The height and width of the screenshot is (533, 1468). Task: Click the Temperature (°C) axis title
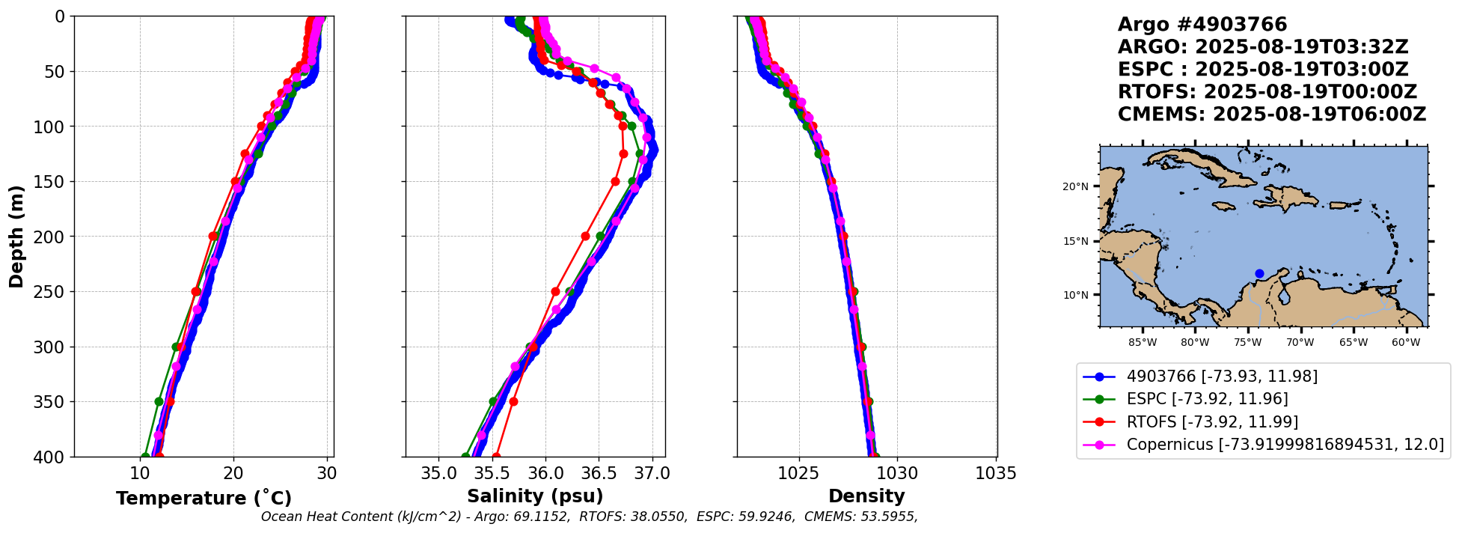(x=204, y=499)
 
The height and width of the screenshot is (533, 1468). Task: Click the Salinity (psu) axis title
(x=535, y=496)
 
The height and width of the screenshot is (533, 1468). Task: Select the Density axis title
(x=866, y=496)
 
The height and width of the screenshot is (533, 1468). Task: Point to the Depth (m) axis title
(x=16, y=237)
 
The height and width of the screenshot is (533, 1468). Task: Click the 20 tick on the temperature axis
(x=233, y=474)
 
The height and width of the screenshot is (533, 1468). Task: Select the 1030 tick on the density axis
(x=897, y=474)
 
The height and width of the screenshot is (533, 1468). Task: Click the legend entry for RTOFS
(x=1212, y=421)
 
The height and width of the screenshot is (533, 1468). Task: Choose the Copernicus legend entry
(x=1285, y=445)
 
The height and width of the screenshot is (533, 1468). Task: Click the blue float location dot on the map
(x=1259, y=273)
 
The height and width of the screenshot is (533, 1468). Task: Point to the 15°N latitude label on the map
(x=1075, y=241)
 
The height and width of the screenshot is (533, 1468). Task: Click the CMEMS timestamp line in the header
(x=1271, y=115)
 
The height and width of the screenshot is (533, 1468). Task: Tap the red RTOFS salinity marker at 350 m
(x=513, y=402)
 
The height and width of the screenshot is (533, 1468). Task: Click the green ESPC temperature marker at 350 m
(x=159, y=402)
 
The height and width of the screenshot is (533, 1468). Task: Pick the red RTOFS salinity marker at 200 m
(x=585, y=237)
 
